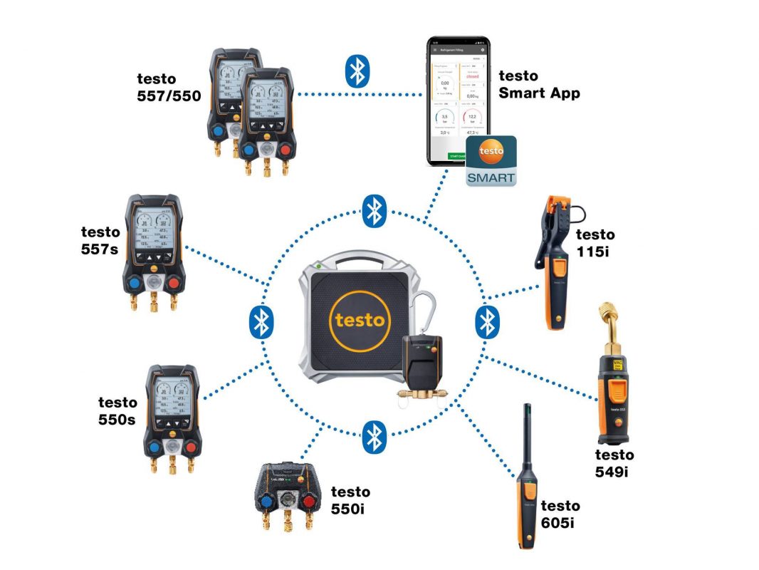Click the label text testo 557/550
coord(169,86)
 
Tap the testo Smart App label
coord(539,84)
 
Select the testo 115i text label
coord(595,242)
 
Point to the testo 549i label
coord(614,463)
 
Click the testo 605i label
coord(560,514)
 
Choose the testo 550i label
coord(350,500)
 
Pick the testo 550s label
coord(117,411)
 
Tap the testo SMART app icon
coord(491,162)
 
